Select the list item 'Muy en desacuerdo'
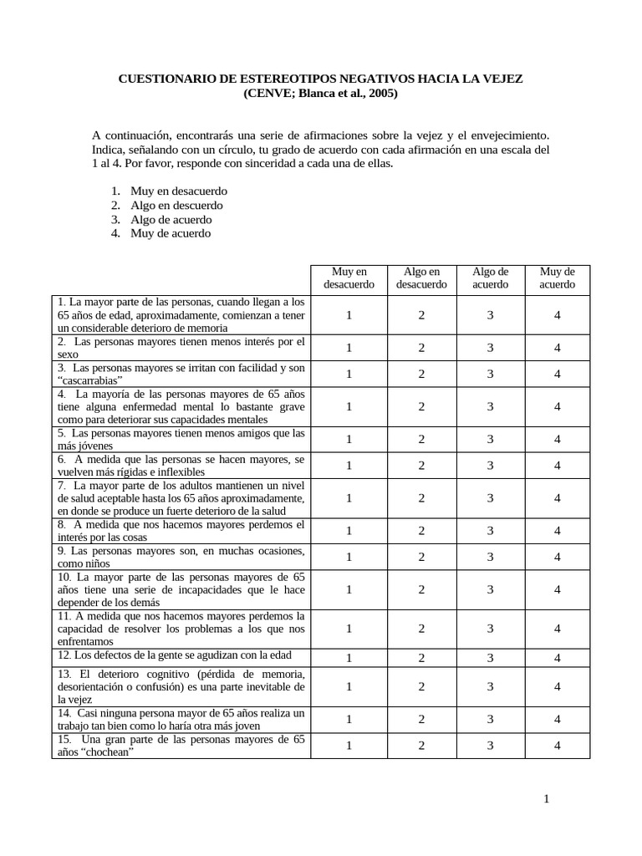179,191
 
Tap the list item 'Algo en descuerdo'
176,205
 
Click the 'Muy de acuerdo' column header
557,278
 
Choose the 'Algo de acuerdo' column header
490,278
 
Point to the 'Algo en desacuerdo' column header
421,278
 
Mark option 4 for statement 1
557,315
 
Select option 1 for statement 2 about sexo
349,348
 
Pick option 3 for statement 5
491,439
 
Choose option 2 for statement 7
421,497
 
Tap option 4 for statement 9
557,557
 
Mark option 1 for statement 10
349,589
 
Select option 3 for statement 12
491,657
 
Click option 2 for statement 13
421,686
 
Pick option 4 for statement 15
557,745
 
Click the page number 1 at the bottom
546,799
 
